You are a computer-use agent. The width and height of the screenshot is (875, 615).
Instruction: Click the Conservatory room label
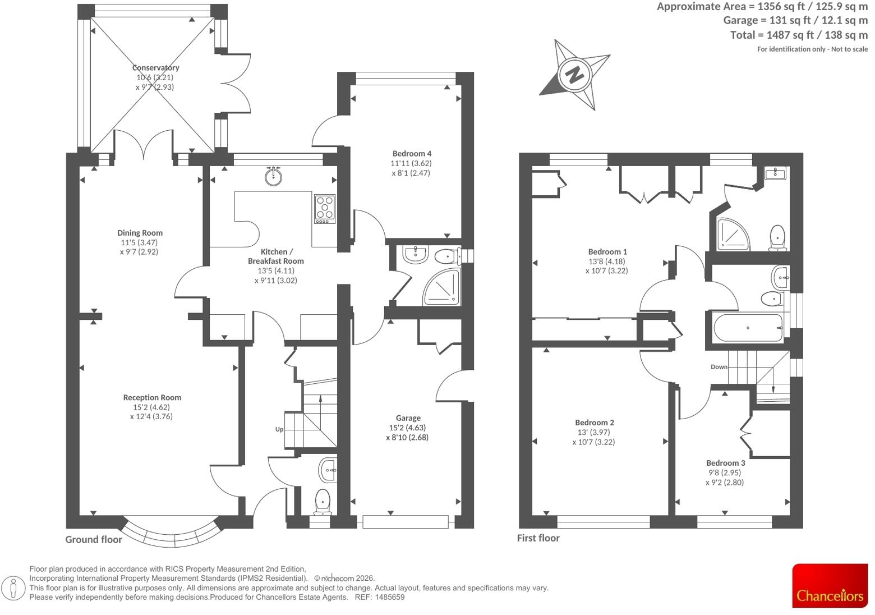point(155,67)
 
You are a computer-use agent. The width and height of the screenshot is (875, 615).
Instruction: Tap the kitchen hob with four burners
point(325,209)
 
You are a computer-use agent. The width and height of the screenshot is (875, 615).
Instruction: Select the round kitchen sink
point(274,176)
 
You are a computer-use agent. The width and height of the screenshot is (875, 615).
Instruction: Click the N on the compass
point(574,74)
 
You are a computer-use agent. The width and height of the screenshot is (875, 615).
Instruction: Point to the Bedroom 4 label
point(412,154)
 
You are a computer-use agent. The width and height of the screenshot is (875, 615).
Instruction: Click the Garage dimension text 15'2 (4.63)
point(407,428)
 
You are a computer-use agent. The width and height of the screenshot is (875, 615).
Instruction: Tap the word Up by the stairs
point(279,429)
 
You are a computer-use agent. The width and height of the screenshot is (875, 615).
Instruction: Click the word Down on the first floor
point(719,367)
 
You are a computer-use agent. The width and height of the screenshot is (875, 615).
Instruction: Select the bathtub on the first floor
point(748,328)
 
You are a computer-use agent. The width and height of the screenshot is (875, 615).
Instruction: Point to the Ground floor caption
point(93,540)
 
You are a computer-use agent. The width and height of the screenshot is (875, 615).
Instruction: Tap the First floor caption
point(538,538)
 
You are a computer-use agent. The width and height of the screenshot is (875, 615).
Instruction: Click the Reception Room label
point(153,397)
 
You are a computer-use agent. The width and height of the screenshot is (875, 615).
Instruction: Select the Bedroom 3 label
point(725,463)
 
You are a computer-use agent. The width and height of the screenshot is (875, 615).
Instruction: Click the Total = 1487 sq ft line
point(799,35)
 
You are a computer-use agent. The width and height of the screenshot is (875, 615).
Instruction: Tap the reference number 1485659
point(390,597)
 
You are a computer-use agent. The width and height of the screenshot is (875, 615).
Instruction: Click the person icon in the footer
point(13,588)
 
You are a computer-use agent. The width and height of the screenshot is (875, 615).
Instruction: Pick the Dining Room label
point(140,233)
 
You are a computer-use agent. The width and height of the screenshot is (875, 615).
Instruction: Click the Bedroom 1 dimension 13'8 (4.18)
point(607,261)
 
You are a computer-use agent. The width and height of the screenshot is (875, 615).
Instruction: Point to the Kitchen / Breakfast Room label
point(276,256)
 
